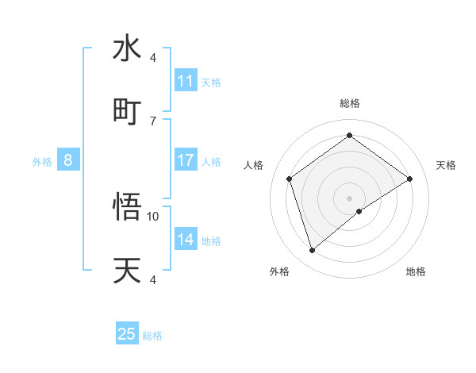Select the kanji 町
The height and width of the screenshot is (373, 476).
click(127, 111)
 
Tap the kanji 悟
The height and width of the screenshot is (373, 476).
click(127, 207)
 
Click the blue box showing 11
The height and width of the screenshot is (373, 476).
click(186, 81)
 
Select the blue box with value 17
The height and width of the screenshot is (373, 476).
click(186, 160)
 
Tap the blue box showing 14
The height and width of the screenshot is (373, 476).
click(186, 240)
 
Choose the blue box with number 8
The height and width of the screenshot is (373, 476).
click(68, 160)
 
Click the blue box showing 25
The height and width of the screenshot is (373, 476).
click(127, 334)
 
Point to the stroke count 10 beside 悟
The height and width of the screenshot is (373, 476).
click(153, 216)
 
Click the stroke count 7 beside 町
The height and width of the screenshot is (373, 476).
click(153, 121)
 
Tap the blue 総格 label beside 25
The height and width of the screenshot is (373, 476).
click(152, 336)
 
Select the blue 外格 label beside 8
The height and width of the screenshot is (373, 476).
click(42, 162)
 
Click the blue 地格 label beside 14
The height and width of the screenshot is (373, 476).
click(211, 241)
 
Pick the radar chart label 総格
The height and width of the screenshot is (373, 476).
click(350, 103)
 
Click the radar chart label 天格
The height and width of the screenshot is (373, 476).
click(447, 165)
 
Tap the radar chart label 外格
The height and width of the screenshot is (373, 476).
click(279, 271)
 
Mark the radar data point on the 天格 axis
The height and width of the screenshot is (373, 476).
click(409, 179)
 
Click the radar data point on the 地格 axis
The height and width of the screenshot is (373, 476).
click(359, 211)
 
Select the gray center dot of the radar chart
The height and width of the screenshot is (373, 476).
click(350, 198)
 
